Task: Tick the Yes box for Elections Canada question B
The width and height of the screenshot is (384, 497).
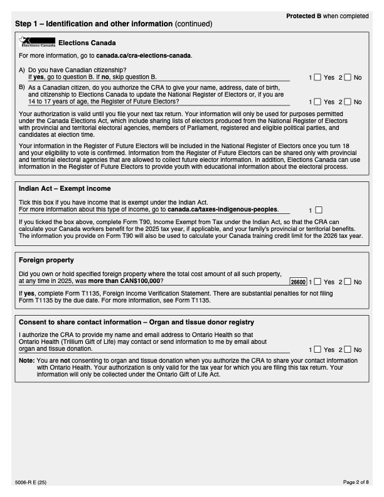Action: tap(317, 101)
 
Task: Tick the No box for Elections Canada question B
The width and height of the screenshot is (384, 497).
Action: tap(348, 101)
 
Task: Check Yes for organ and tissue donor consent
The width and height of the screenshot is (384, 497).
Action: tap(317, 349)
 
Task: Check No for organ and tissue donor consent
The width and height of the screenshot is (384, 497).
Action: tap(348, 349)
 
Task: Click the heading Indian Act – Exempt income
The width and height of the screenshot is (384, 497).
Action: tap(66, 188)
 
